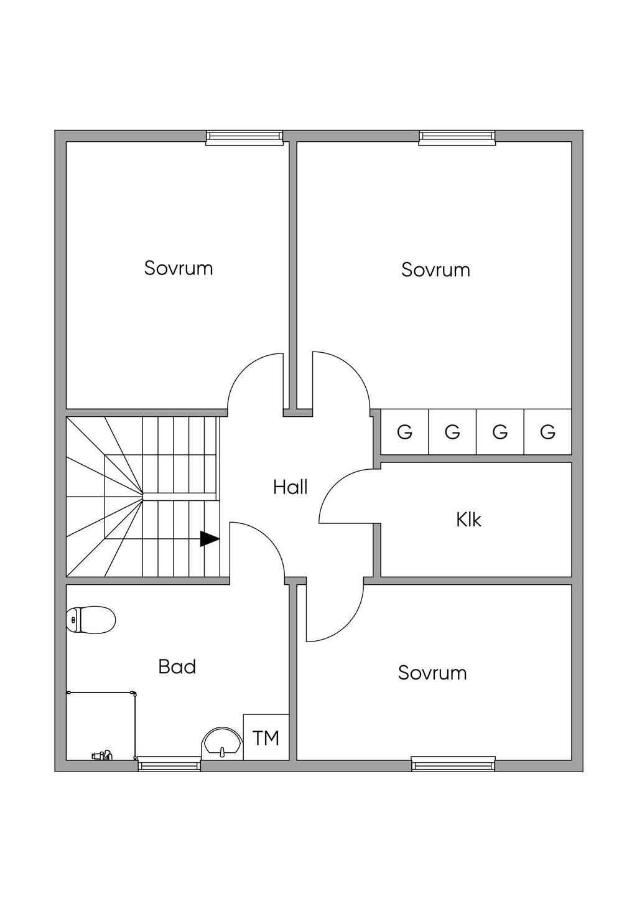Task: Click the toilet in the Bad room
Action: (x=91, y=620)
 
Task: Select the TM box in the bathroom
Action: (x=266, y=737)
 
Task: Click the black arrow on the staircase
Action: (x=210, y=539)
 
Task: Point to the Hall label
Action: (x=291, y=487)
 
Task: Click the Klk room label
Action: (x=468, y=520)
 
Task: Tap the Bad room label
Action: (x=177, y=666)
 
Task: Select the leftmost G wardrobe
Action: (x=404, y=432)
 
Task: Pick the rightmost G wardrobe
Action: (x=547, y=432)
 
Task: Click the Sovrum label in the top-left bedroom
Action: (x=179, y=268)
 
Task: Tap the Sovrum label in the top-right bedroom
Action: (x=435, y=269)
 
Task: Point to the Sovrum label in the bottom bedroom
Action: (x=432, y=673)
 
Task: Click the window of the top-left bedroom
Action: (x=244, y=137)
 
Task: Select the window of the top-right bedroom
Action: (x=457, y=137)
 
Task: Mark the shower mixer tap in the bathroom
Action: (x=102, y=755)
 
